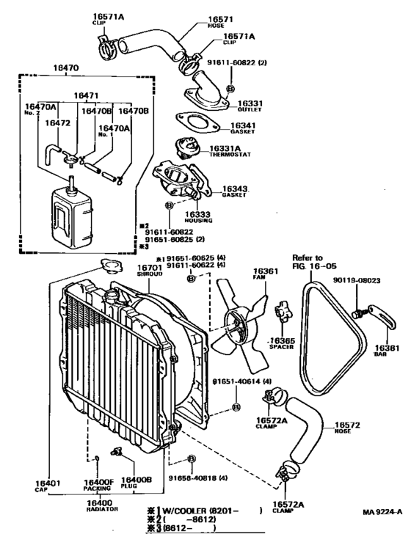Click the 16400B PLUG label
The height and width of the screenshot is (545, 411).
pyautogui.click(x=137, y=484)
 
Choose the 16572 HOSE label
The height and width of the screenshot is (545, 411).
pyautogui.click(x=349, y=428)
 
